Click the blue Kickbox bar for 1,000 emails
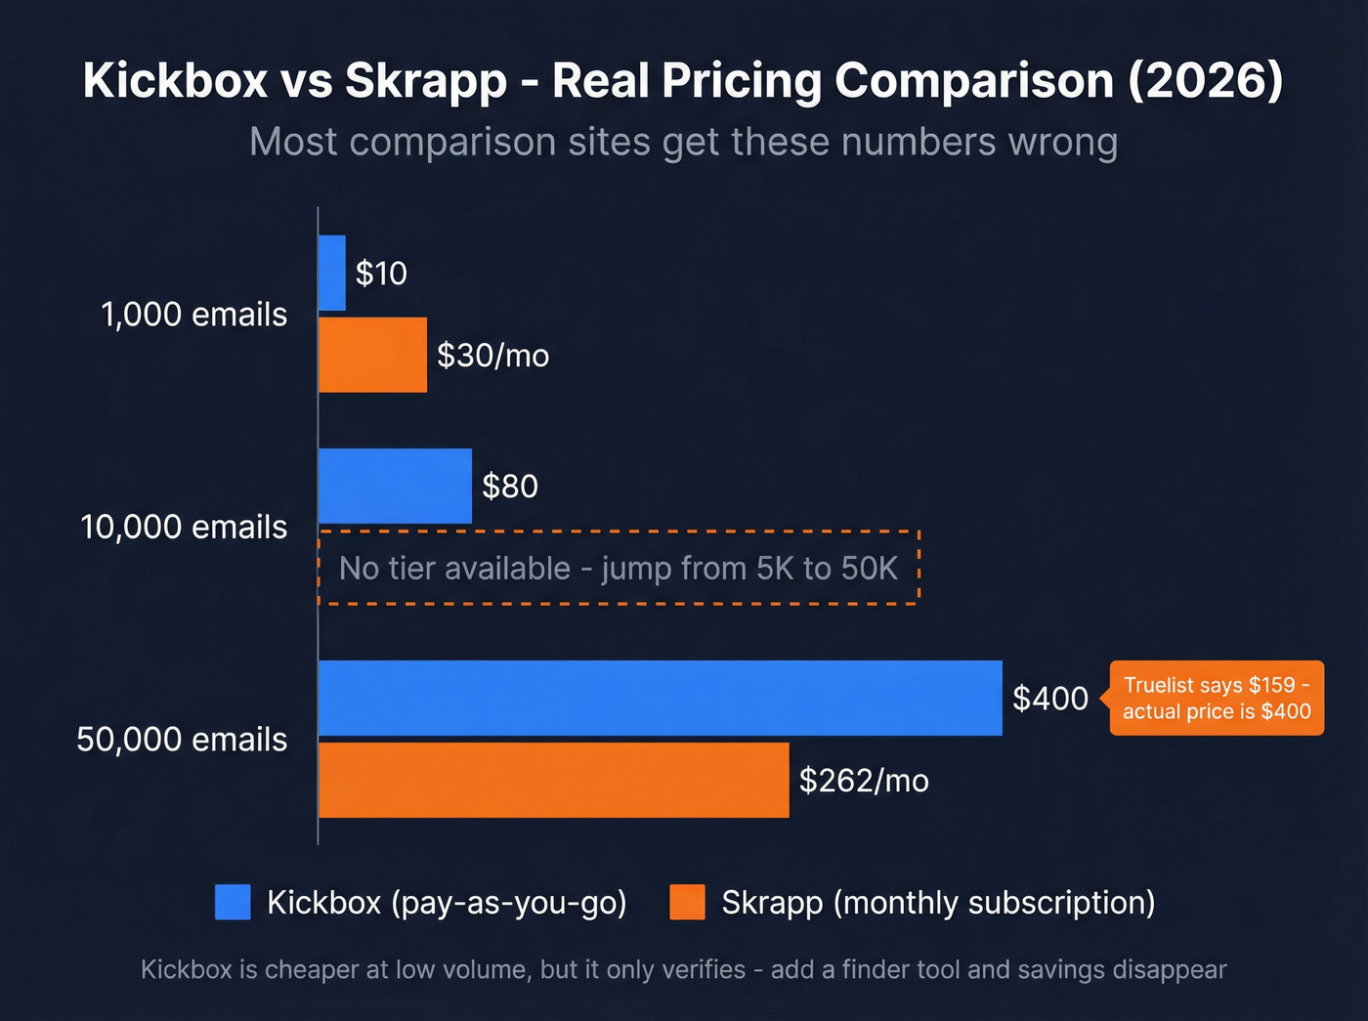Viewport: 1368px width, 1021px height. [332, 273]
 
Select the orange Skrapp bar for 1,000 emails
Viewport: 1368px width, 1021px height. [372, 355]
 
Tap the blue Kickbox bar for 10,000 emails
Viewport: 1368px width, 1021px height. [395, 486]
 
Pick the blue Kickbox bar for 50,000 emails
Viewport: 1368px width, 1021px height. [660, 698]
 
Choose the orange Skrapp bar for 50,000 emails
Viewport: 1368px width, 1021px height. [553, 780]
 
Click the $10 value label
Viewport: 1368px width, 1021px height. [381, 274]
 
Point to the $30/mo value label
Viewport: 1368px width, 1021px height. [492, 356]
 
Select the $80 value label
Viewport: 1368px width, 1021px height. [510, 487]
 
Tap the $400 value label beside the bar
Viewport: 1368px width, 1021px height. [1050, 699]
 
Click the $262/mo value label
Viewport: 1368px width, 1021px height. [864, 781]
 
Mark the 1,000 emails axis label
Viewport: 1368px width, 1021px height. [193, 315]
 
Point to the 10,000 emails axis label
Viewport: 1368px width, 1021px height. [184, 528]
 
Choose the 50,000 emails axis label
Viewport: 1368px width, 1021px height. [182, 740]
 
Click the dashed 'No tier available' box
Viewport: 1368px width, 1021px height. [619, 569]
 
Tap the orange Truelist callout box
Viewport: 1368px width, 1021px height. [1217, 698]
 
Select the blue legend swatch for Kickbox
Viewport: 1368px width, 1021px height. [233, 902]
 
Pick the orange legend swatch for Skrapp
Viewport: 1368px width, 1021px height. [687, 902]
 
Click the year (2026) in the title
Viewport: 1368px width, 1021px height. [1205, 80]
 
